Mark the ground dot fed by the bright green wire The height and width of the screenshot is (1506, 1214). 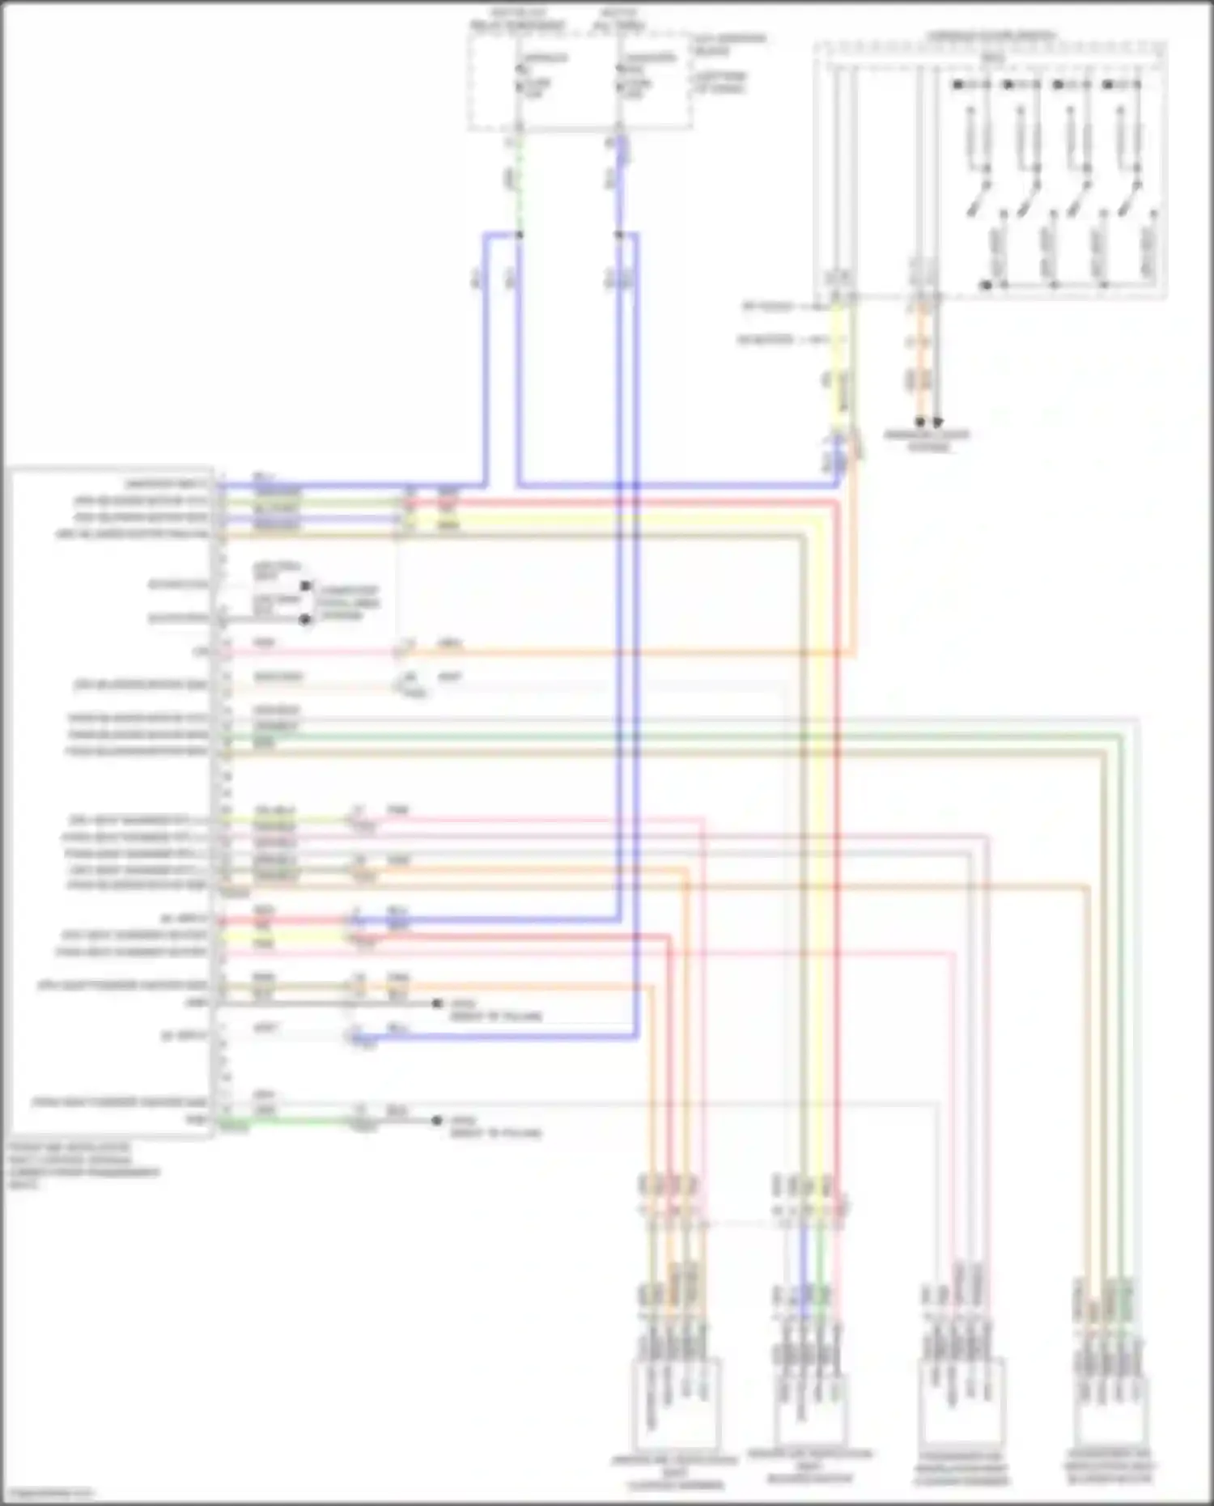coord(437,1121)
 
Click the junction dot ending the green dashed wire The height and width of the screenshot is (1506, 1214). coord(519,235)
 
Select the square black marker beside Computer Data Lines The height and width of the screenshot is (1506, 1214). coord(305,585)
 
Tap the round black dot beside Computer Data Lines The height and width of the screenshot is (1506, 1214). coord(305,620)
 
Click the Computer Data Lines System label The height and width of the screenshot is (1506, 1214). coord(348,603)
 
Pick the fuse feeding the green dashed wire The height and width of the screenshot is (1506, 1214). coord(519,85)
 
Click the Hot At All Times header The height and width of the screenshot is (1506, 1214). coord(619,20)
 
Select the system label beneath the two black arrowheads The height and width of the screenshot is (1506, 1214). coord(927,441)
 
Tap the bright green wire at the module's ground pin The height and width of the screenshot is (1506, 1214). coord(283,1122)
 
